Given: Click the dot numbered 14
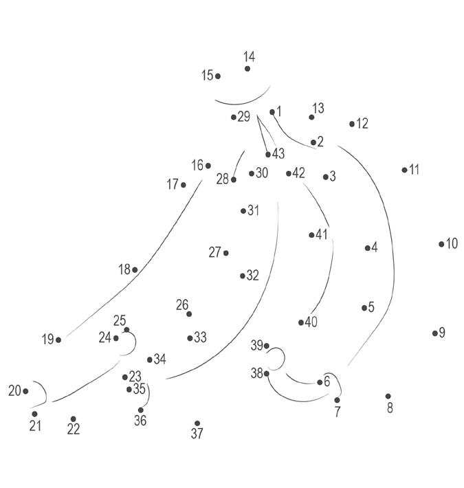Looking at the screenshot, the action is (x=247, y=69).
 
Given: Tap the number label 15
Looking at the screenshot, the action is (x=207, y=76).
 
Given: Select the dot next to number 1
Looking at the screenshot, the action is (x=272, y=111).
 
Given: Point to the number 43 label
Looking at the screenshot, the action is (x=278, y=153).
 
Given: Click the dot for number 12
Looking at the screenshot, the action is (x=352, y=124).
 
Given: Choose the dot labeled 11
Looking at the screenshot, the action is (x=404, y=170).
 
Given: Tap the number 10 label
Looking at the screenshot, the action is (x=452, y=243).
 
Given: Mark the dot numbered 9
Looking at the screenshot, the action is (x=435, y=333).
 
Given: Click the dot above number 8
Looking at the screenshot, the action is (x=388, y=396).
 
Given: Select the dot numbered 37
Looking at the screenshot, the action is (x=197, y=423).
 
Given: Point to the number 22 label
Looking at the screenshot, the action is (x=74, y=430).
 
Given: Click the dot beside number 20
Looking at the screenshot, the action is (x=25, y=391).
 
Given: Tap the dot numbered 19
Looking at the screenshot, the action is (x=58, y=340).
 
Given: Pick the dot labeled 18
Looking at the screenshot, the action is (x=135, y=269).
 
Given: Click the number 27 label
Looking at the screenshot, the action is (x=214, y=253).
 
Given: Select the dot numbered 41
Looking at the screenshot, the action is (x=311, y=235).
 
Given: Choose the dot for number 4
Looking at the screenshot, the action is (x=368, y=248).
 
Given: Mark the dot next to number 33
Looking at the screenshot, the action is (x=190, y=338).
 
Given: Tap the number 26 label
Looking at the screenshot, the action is (x=182, y=304).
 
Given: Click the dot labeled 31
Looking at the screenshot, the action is (x=243, y=211).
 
